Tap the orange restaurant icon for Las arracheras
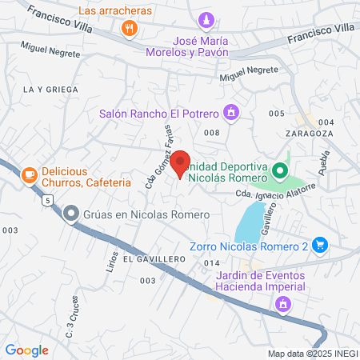130,28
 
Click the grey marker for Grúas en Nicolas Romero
71,214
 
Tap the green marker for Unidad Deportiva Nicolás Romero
279,170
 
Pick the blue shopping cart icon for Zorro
320,245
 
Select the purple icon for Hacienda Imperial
282,304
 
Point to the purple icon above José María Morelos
207,20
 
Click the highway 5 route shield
49,199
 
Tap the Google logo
26,350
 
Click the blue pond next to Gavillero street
252,222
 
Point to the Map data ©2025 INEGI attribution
312,354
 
